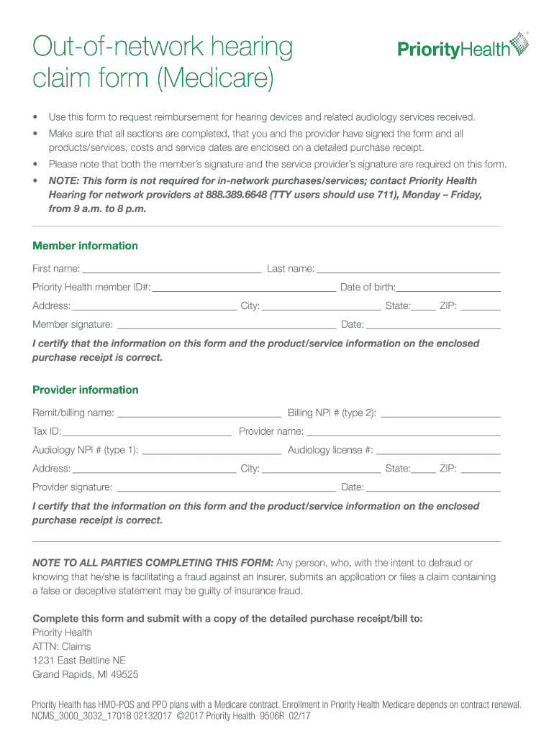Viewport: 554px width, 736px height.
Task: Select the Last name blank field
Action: (x=408, y=270)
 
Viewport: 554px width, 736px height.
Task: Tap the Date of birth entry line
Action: (x=448, y=289)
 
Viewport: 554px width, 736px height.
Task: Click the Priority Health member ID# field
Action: (x=244, y=289)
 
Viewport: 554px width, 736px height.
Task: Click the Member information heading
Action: (x=85, y=246)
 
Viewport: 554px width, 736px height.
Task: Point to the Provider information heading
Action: (x=85, y=390)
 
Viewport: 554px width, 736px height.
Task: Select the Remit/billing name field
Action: (x=199, y=415)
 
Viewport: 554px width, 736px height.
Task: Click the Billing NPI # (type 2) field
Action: (x=440, y=415)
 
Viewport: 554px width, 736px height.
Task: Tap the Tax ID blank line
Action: (x=147, y=433)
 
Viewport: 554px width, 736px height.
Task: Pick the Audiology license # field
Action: (x=438, y=452)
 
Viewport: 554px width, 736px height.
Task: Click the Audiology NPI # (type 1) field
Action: (x=212, y=452)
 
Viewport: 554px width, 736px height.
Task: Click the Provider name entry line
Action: (x=403, y=433)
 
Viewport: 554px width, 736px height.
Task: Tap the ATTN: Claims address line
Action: (x=62, y=646)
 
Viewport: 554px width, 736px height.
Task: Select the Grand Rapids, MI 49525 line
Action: (x=86, y=674)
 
